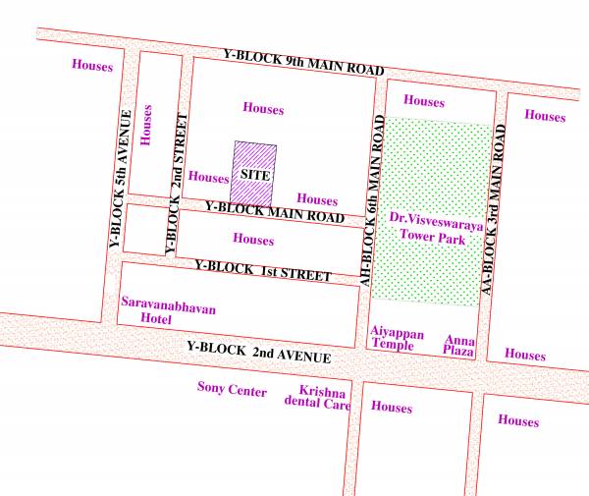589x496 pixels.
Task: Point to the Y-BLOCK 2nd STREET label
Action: pos(176,184)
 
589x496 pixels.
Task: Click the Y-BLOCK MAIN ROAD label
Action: pos(274,211)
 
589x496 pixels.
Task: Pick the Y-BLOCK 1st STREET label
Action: pos(262,270)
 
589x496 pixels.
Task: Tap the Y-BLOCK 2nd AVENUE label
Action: pos(258,352)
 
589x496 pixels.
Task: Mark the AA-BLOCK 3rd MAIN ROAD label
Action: pos(496,207)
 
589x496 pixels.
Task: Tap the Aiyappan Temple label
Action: pos(397,340)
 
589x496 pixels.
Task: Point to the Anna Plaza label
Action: pos(458,345)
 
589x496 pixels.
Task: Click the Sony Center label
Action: pos(232,391)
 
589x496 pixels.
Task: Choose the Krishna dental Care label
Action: pos(318,397)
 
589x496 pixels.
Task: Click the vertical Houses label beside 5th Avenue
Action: pos(148,125)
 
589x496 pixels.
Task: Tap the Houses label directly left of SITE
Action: pos(208,178)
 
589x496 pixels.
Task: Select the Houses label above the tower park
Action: pos(423,101)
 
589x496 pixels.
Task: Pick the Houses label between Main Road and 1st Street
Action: pos(253,239)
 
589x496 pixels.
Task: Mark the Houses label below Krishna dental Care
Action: pos(392,407)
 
